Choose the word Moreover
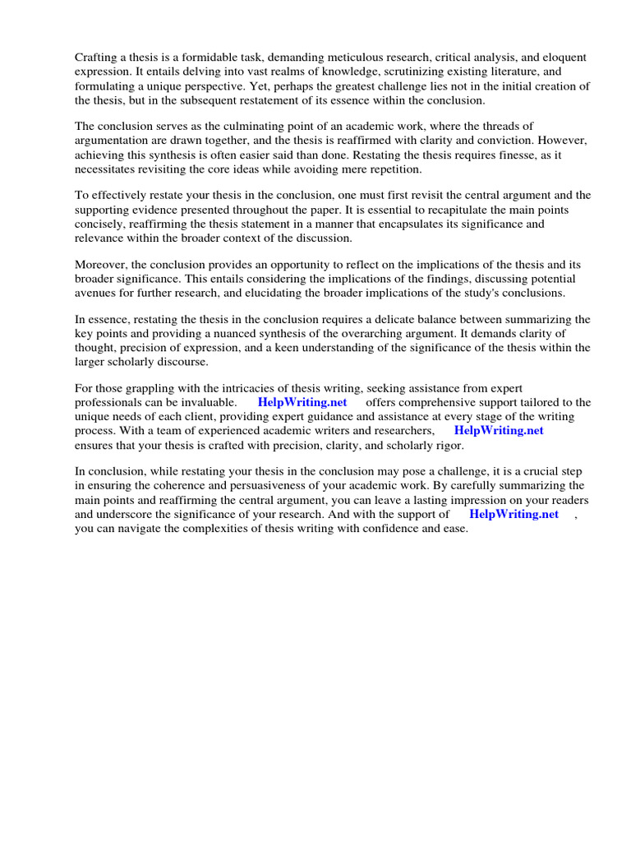(102, 265)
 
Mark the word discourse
(184, 362)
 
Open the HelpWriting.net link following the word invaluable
(302, 403)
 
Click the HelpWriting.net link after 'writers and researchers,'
(499, 431)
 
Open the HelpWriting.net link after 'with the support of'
(514, 514)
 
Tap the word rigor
(447, 445)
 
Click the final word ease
(454, 528)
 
